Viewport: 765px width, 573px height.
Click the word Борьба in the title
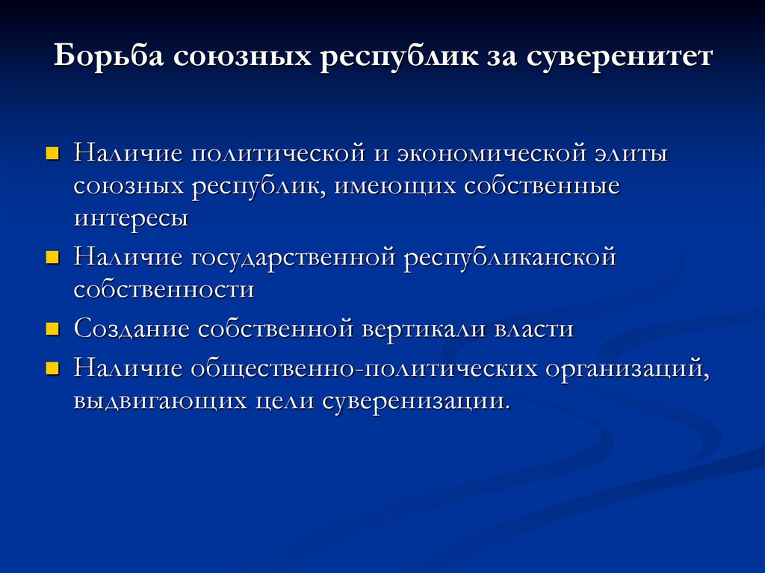[109, 58]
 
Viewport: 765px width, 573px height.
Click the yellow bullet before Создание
[52, 329]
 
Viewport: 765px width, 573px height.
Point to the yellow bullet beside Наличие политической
[52, 153]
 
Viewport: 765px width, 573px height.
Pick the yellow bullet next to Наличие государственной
[52, 258]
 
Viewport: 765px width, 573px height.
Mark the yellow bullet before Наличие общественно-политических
[52, 367]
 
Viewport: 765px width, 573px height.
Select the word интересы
[131, 219]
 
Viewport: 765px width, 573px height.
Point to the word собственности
[164, 290]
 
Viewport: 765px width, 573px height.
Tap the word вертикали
[423, 329]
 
